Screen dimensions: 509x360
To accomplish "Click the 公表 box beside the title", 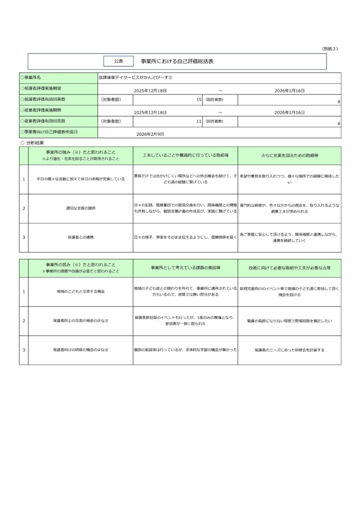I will tap(118, 61).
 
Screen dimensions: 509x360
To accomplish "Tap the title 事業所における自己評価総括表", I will tap(177, 61).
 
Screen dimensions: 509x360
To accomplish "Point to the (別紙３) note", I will tap(330, 48).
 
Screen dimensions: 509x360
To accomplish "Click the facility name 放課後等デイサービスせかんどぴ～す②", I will tap(135, 78).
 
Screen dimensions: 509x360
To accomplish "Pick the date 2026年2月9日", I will tap(150, 134).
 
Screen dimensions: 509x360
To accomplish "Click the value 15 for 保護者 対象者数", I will tap(198, 100).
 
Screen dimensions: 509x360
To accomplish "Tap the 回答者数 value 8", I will tap(338, 101).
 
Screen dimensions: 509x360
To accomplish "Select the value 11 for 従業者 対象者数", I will tap(198, 121).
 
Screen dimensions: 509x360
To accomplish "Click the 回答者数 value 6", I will tap(338, 123).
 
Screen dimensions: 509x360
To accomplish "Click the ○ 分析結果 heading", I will tap(33, 142).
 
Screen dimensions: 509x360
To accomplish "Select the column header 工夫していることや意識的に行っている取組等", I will tap(185, 156).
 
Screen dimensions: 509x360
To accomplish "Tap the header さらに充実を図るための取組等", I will tap(289, 156).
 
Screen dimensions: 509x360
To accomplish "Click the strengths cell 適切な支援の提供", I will tap(81, 208).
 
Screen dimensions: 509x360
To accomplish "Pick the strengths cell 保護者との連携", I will tap(81, 237).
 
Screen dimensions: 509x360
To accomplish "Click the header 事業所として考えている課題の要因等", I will tap(185, 267).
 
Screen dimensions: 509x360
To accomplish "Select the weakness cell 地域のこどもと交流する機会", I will tap(81, 291).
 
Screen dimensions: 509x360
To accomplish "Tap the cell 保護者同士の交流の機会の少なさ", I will tap(81, 321).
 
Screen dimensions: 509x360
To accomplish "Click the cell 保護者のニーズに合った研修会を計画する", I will tap(289, 350).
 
